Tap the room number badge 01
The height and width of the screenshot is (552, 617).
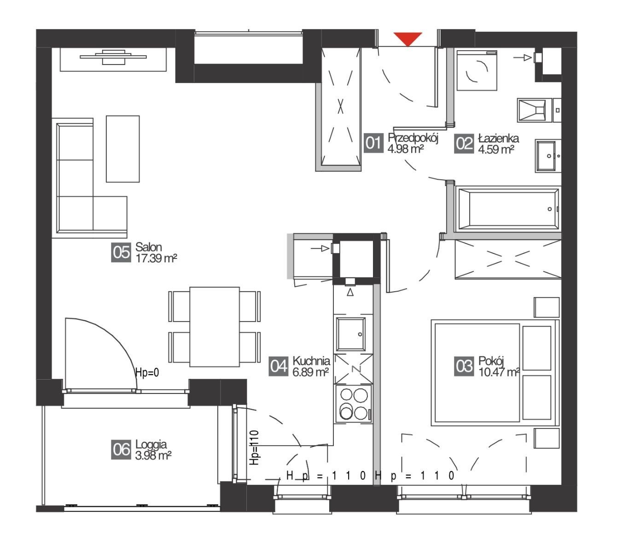click(x=374, y=143)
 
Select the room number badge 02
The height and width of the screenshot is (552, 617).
click(x=464, y=143)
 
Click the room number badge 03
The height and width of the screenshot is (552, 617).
click(x=464, y=366)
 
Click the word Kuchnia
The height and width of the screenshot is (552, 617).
click(x=311, y=361)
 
